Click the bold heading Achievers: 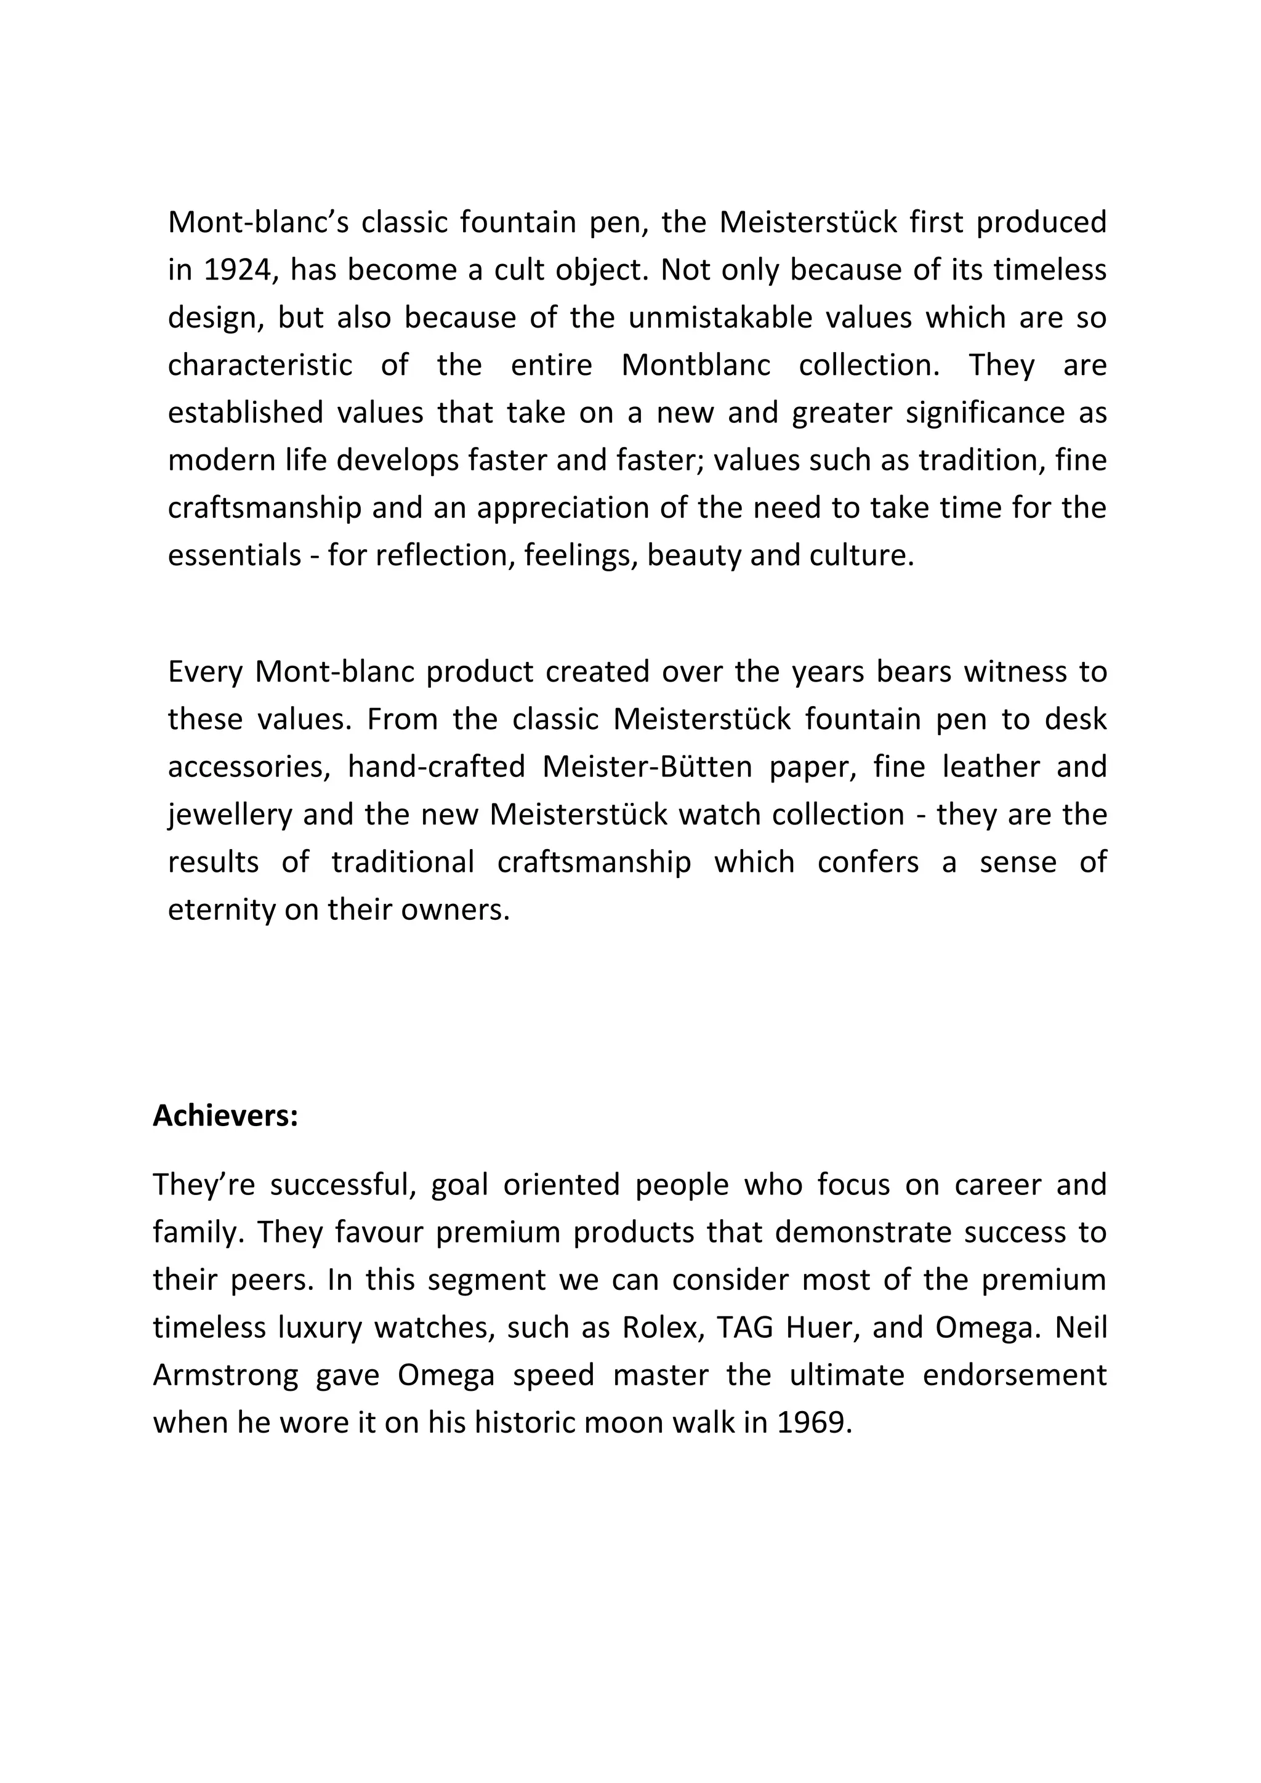(225, 1116)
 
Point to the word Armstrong (225, 1375)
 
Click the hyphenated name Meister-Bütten (647, 767)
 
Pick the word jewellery (230, 815)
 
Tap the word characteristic (260, 365)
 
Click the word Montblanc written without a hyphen (696, 365)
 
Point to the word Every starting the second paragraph (205, 672)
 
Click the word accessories (246, 767)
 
